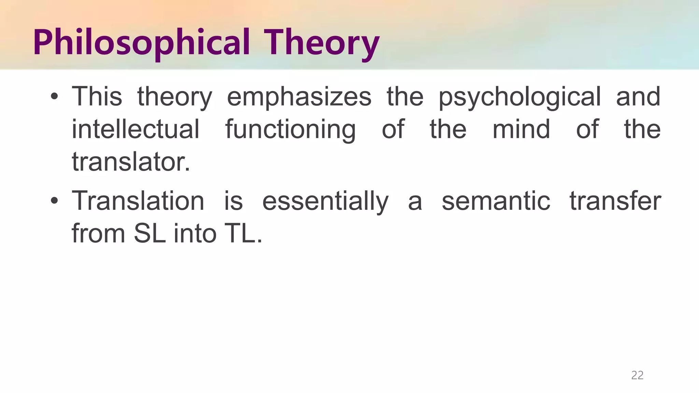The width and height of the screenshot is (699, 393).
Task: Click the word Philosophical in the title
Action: pyautogui.click(x=141, y=43)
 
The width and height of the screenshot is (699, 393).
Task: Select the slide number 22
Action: pyautogui.click(x=637, y=375)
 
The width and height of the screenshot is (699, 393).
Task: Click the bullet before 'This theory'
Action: pyautogui.click(x=54, y=97)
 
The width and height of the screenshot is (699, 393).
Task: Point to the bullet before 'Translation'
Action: pyautogui.click(x=54, y=201)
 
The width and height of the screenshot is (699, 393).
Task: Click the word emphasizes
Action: pyautogui.click(x=299, y=97)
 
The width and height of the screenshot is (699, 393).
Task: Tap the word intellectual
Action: pyautogui.click(x=135, y=129)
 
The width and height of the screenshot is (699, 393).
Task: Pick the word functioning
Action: pyautogui.click(x=290, y=130)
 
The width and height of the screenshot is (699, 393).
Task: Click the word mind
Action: pyautogui.click(x=521, y=129)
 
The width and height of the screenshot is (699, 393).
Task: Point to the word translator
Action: pyautogui.click(x=130, y=162)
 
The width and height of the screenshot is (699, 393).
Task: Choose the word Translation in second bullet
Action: pyautogui.click(x=138, y=201)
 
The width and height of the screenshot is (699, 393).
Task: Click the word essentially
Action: pyautogui.click(x=325, y=202)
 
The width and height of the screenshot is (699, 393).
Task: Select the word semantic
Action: pyautogui.click(x=496, y=201)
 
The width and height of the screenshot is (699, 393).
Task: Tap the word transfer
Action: pyautogui.click(x=615, y=201)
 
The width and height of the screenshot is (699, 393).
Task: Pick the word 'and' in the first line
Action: pyautogui.click(x=638, y=97)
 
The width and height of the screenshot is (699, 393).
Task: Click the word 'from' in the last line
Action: pyautogui.click(x=98, y=234)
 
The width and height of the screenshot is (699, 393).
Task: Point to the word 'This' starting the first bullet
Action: pyautogui.click(x=97, y=97)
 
